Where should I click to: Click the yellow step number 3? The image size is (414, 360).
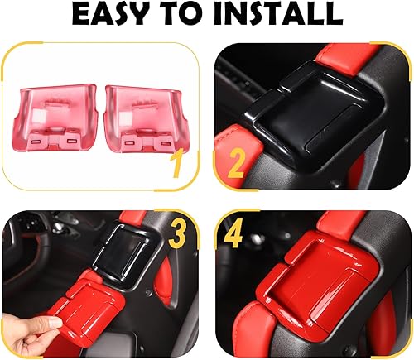pyautogui.click(x=176, y=235)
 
